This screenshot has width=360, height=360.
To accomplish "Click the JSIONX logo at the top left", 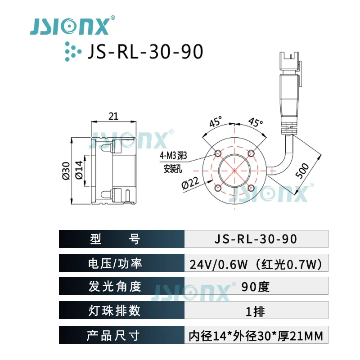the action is pos(72,26).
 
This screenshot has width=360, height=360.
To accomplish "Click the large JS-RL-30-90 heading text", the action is pos(145,52).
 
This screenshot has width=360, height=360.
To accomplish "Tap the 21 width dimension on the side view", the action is pos(113,117).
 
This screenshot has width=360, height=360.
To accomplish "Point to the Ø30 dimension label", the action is pos(66,171).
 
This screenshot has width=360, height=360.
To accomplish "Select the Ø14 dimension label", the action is pos(79,170).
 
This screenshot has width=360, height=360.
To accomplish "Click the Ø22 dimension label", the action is pos(190,183).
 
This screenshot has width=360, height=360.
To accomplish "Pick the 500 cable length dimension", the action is pos(302,171).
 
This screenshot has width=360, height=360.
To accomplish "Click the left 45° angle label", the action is pos(216,121).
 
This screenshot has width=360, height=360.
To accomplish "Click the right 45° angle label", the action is pos(256,122).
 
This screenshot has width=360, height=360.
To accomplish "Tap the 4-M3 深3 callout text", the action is pos(173,156).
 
